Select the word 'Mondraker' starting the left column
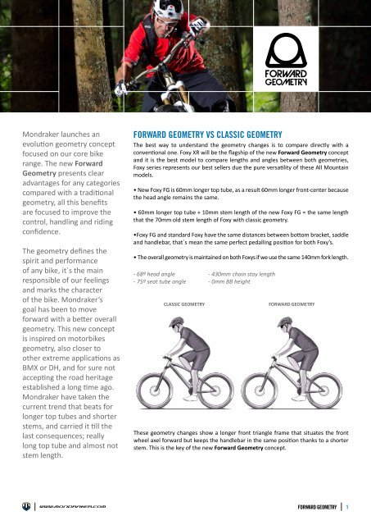[x=43, y=132]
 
